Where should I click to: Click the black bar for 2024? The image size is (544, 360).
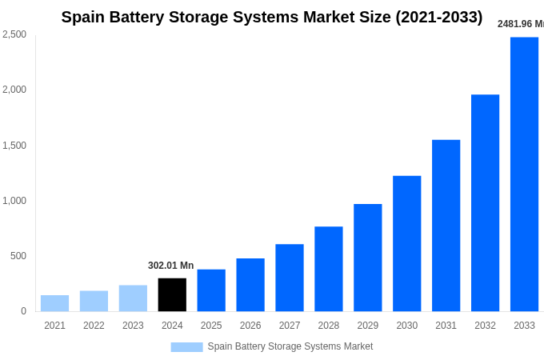tap(172, 294)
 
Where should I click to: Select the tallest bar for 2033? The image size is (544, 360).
tap(524, 174)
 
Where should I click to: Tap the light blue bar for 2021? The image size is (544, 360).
tap(54, 303)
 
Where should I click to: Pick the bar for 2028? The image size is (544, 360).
tap(328, 269)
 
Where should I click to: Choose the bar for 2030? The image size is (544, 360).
tap(406, 243)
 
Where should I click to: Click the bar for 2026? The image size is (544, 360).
tap(250, 285)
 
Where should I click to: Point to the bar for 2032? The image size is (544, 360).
tap(485, 203)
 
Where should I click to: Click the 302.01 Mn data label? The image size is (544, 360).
tap(170, 266)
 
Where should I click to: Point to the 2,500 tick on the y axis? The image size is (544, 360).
tap(14, 34)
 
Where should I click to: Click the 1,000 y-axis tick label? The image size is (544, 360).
tap(14, 201)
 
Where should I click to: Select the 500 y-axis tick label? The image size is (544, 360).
tap(18, 256)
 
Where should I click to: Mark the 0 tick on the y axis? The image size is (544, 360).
tap(23, 311)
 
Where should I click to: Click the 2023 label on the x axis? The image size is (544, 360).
tap(133, 326)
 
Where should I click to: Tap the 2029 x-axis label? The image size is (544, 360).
tap(367, 326)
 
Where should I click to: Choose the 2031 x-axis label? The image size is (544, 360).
tap(446, 326)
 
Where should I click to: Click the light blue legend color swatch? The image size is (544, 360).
tap(186, 346)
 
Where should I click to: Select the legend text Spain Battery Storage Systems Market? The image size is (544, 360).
tap(290, 346)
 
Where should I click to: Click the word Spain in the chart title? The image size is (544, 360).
tap(83, 17)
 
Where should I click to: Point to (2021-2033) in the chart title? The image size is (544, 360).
tap(438, 17)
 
